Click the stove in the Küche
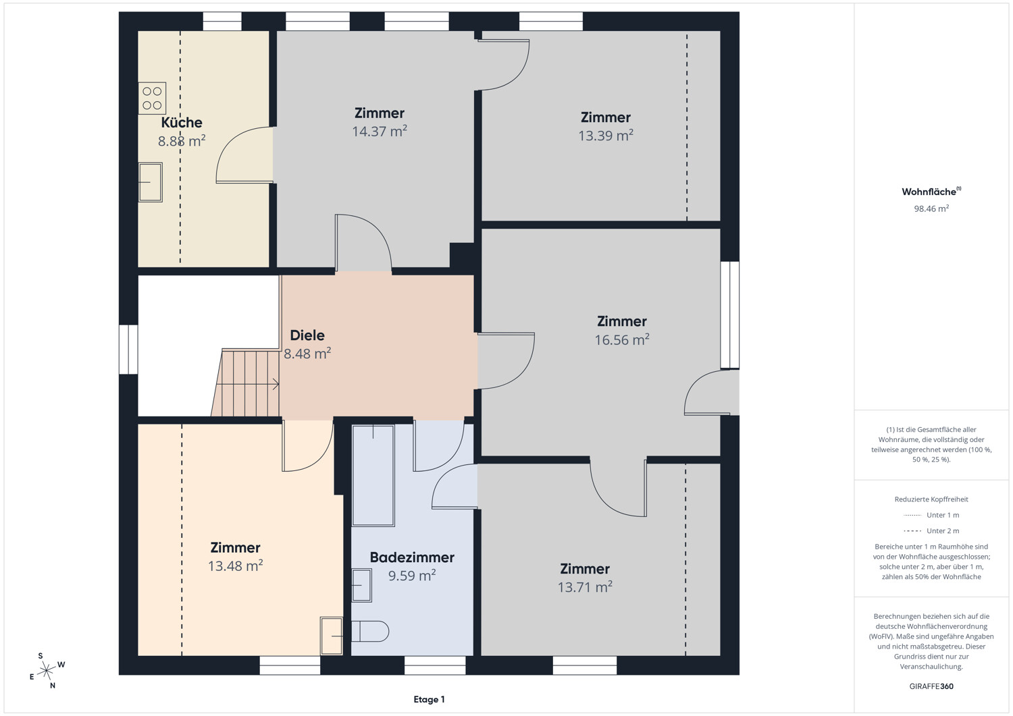[152, 98]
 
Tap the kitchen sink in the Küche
[150, 182]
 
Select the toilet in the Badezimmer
[370, 631]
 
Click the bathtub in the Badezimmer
[373, 476]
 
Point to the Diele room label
[307, 335]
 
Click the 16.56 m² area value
[622, 339]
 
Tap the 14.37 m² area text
[380, 131]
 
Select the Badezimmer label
[412, 557]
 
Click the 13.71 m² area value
[585, 586]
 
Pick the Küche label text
[182, 123]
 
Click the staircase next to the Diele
[246, 383]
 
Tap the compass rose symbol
[47, 670]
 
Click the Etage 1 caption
[429, 699]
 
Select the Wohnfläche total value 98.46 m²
[931, 209]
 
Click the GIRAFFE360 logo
[931, 686]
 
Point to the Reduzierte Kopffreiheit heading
[931, 499]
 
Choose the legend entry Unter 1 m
[931, 515]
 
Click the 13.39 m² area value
[606, 136]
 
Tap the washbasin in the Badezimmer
[361, 585]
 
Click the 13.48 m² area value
[235, 566]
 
